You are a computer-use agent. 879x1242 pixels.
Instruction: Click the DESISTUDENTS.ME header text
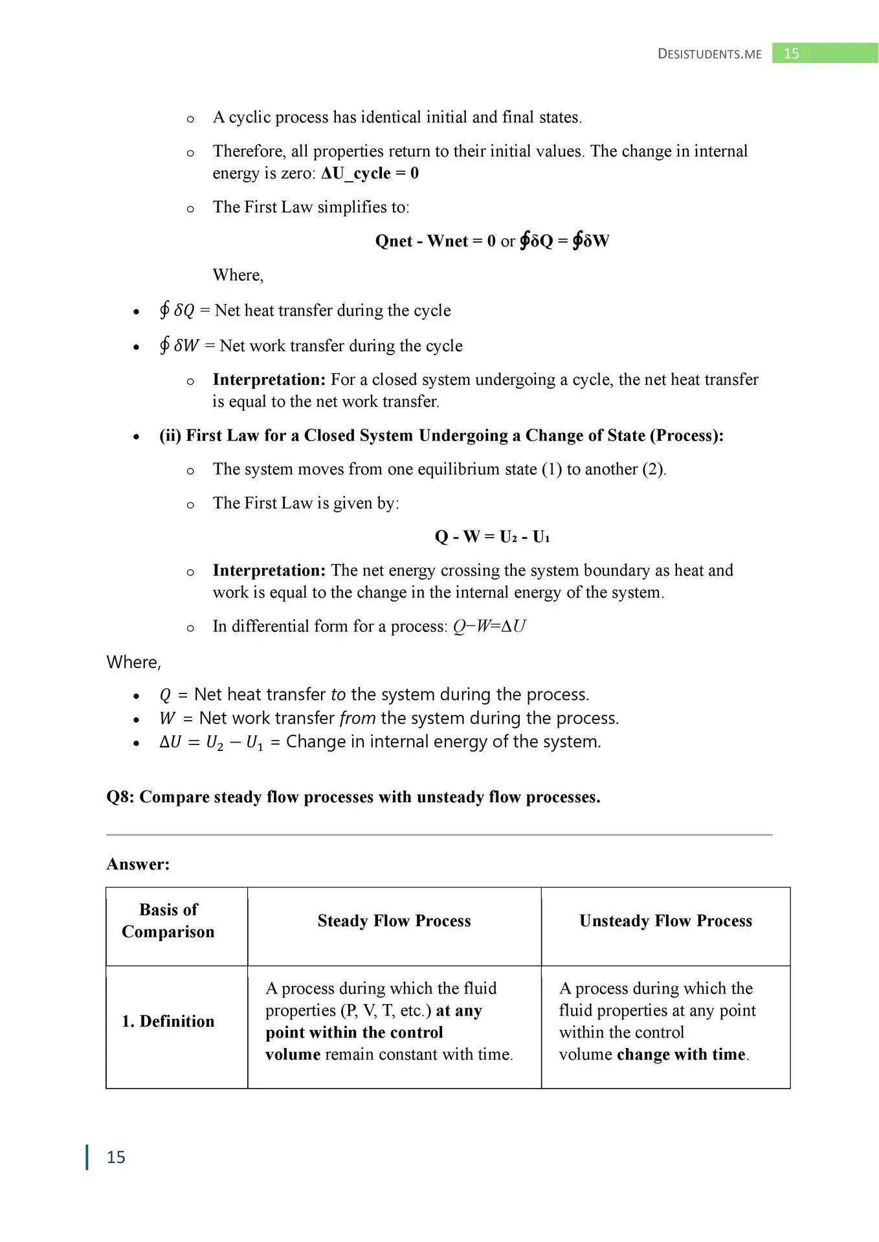coord(709,54)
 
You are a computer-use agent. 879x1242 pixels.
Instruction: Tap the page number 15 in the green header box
coord(791,54)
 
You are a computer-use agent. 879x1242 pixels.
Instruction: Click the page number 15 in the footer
coord(116,1157)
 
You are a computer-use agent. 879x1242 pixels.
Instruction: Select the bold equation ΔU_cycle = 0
coord(370,173)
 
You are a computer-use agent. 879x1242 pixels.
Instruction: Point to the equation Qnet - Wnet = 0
coord(435,241)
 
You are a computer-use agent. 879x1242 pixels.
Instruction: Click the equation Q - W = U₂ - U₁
coord(492,537)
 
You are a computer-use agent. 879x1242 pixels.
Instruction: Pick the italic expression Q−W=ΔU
coord(489,626)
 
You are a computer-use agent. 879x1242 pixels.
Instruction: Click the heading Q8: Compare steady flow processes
coord(353,797)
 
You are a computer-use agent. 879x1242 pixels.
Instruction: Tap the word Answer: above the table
coord(138,864)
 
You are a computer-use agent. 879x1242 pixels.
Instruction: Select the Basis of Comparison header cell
coord(168,921)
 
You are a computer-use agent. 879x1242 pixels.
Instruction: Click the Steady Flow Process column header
coord(394,921)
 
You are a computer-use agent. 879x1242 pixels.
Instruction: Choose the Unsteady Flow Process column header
coord(665,921)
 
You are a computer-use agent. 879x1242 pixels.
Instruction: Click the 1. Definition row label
coord(168,1021)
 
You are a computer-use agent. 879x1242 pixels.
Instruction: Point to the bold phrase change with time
coord(681,1054)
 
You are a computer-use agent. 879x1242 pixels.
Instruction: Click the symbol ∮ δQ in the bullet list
coord(177,310)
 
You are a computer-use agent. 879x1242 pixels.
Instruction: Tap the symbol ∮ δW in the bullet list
coord(179,345)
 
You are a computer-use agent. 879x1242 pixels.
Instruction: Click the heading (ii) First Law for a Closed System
coord(441,435)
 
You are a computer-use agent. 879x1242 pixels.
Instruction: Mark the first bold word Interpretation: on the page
coord(269,380)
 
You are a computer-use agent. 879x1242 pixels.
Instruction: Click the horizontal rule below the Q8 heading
coord(439,834)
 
